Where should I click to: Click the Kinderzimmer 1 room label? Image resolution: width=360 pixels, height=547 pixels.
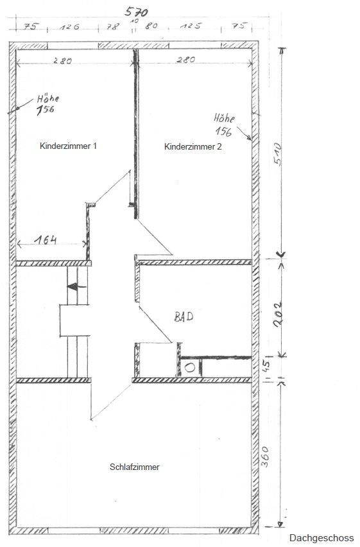tap(68, 146)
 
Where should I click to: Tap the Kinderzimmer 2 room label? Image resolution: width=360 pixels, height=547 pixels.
tap(193, 146)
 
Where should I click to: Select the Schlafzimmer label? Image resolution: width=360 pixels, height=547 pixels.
tap(135, 467)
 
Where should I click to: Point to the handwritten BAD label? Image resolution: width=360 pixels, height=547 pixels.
tap(184, 317)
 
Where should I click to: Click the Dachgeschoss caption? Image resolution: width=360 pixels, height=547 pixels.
tap(321, 538)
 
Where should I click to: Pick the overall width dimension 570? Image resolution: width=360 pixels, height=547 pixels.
tap(137, 12)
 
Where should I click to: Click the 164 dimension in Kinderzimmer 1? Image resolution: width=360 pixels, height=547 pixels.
tap(46, 239)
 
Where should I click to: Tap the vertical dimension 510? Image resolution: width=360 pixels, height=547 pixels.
tap(277, 154)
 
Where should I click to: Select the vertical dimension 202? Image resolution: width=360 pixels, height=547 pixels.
tap(278, 314)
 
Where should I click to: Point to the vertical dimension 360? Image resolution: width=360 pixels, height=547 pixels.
tap(265, 456)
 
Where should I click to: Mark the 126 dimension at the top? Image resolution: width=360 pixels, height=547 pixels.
tap(69, 26)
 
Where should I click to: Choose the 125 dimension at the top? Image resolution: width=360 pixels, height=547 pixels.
tap(191, 26)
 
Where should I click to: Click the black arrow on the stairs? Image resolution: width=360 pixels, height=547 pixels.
tap(77, 287)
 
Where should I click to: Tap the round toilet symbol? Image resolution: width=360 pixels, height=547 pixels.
tap(190, 368)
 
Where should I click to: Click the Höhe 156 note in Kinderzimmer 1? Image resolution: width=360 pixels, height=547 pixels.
tap(47, 104)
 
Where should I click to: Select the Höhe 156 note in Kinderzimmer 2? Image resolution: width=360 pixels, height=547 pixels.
tap(225, 125)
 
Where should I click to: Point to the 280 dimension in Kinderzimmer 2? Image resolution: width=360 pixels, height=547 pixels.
tap(185, 60)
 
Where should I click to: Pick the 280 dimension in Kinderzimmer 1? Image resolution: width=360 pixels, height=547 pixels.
tap(63, 61)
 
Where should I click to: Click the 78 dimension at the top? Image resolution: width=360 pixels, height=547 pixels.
tap(113, 26)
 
